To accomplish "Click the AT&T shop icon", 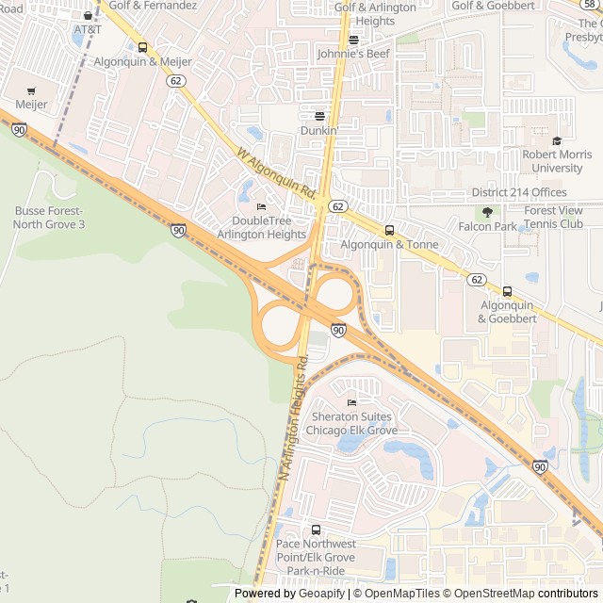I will click(x=88, y=15).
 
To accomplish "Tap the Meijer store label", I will click(x=31, y=105).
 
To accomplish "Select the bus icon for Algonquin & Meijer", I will click(x=142, y=48).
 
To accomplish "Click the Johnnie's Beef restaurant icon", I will click(x=353, y=41).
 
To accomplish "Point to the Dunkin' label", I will click(x=318, y=130).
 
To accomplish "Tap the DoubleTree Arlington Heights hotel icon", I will click(x=261, y=207).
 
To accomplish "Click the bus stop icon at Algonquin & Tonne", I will click(x=389, y=230).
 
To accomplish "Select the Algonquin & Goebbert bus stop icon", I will click(x=507, y=292).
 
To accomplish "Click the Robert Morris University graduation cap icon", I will click(x=557, y=141).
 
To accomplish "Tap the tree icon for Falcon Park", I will click(x=487, y=213).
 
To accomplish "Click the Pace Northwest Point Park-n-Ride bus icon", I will click(x=316, y=530).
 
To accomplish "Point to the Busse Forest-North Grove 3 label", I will click(x=49, y=217).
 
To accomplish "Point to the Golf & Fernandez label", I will click(x=153, y=5).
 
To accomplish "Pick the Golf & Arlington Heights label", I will click(x=375, y=14).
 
